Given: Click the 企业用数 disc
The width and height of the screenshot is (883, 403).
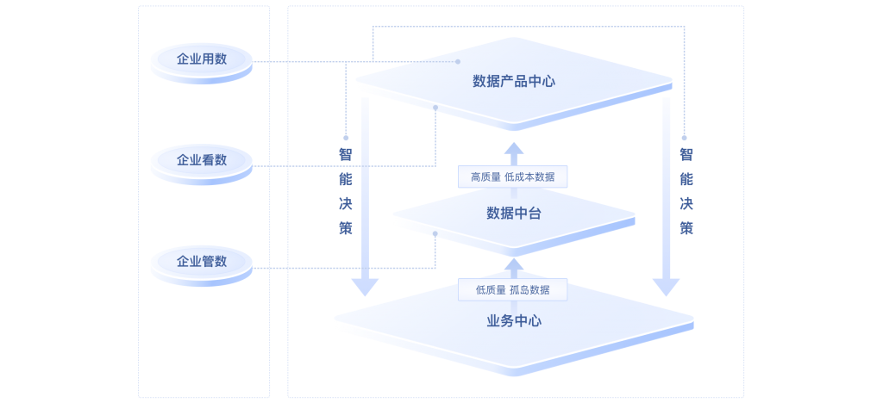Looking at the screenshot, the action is pyautogui.click(x=202, y=63).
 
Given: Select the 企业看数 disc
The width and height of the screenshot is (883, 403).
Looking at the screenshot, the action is pyautogui.click(x=202, y=164).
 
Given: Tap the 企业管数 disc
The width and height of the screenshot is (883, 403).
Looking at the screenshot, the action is pyautogui.click(x=202, y=265).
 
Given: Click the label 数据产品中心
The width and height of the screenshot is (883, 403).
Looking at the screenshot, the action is pyautogui.click(x=514, y=82).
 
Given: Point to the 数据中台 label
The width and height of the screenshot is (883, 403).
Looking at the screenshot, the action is pyautogui.click(x=514, y=214).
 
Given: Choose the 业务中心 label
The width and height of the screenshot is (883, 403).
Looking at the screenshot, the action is pyautogui.click(x=514, y=321).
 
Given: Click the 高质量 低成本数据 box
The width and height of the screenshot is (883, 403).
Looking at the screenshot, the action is pyautogui.click(x=512, y=177).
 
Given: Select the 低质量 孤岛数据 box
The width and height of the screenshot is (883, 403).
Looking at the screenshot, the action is pyautogui.click(x=512, y=290).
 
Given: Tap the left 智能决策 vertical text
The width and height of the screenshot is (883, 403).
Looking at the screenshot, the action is pyautogui.click(x=346, y=191).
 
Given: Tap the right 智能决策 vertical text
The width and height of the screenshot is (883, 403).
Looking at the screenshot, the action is pyautogui.click(x=686, y=191).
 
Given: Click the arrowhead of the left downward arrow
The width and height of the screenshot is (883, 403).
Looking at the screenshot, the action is pyautogui.click(x=365, y=288).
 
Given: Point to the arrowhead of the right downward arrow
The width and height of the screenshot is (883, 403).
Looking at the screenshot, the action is pyautogui.click(x=667, y=288).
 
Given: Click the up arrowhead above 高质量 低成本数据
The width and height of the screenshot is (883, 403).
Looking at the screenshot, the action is pyautogui.click(x=514, y=149).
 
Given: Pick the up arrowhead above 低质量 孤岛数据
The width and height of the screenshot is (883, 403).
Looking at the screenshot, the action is pyautogui.click(x=514, y=264).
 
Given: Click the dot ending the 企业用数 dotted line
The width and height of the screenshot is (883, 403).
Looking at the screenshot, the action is pyautogui.click(x=458, y=61).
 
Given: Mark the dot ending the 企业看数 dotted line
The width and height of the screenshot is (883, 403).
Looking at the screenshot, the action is pyautogui.click(x=435, y=108).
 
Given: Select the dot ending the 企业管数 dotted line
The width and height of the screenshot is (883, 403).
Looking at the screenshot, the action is pyautogui.click(x=435, y=233).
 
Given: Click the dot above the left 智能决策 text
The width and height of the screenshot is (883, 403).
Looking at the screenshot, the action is pyautogui.click(x=346, y=138).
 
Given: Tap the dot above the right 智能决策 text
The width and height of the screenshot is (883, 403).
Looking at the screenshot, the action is pyautogui.click(x=684, y=138).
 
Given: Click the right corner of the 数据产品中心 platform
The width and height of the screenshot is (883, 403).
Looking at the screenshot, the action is pyautogui.click(x=673, y=80).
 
